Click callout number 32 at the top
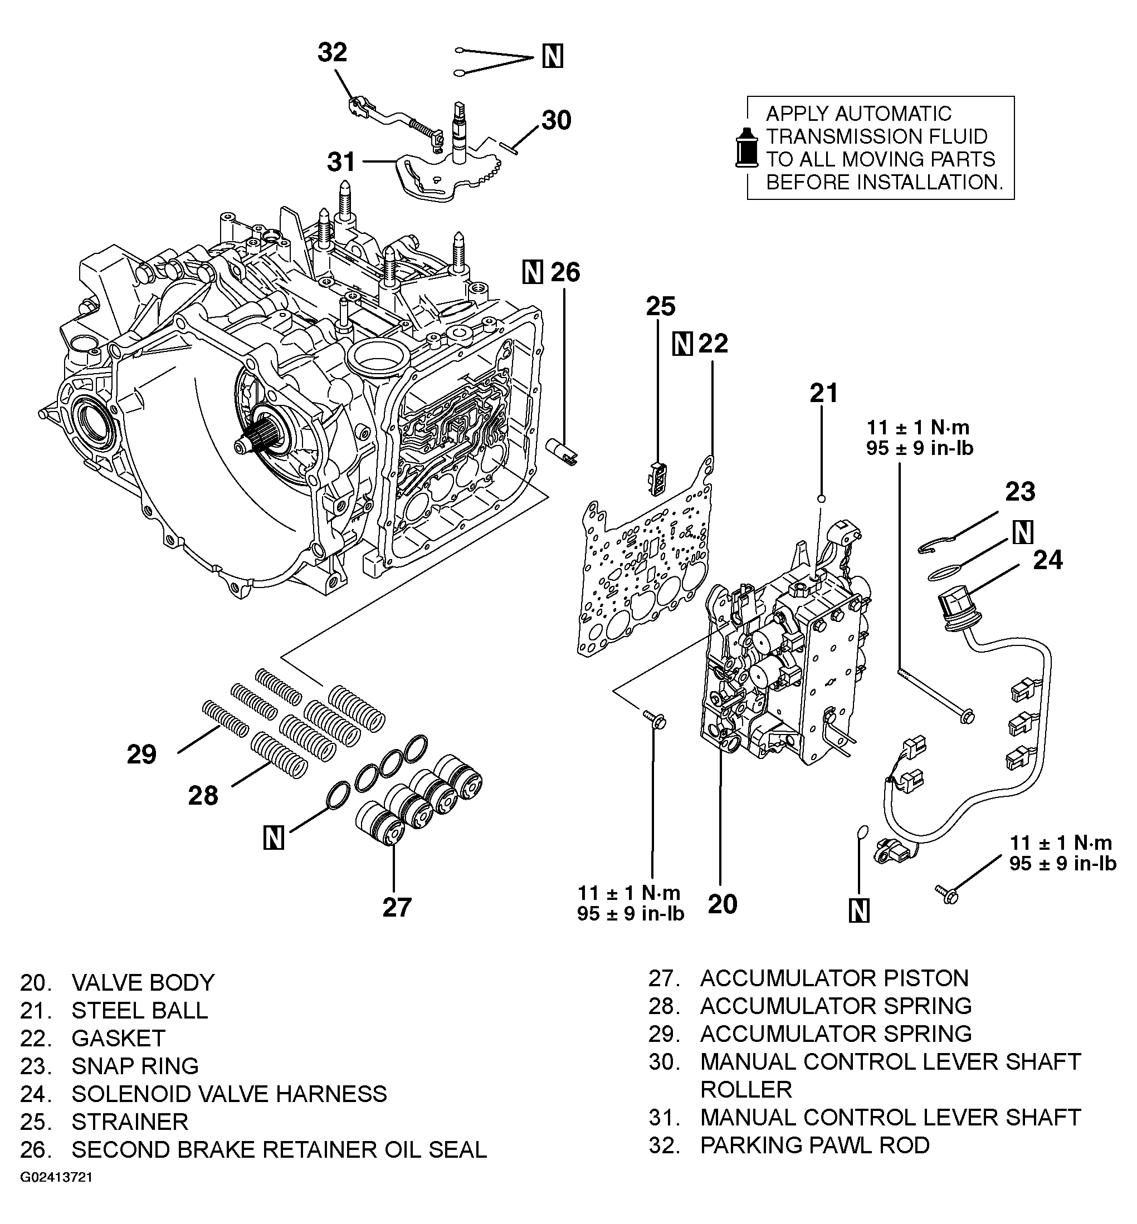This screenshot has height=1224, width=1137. pyautogui.click(x=332, y=52)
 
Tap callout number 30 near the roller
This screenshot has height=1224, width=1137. pyautogui.click(x=556, y=120)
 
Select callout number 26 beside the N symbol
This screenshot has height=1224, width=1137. pyautogui.click(x=565, y=272)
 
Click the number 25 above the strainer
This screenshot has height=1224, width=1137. pyautogui.click(x=660, y=306)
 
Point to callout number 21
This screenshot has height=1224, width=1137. pyautogui.click(x=823, y=393)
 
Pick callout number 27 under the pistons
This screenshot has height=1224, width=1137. pyautogui.click(x=396, y=907)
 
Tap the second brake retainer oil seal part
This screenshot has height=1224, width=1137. pyautogui.click(x=562, y=453)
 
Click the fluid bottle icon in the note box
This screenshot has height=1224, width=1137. pyautogui.click(x=747, y=148)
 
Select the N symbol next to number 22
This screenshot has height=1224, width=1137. pyautogui.click(x=682, y=344)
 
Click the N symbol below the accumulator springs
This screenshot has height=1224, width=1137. pyautogui.click(x=273, y=838)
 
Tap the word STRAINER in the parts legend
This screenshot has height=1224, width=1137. pyautogui.click(x=130, y=1122)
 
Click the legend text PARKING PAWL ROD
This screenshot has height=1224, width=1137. pyautogui.click(x=814, y=1145)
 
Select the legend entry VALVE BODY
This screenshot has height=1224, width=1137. pyautogui.click(x=143, y=982)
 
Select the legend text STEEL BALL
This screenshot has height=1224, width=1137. pyautogui.click(x=140, y=1011)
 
